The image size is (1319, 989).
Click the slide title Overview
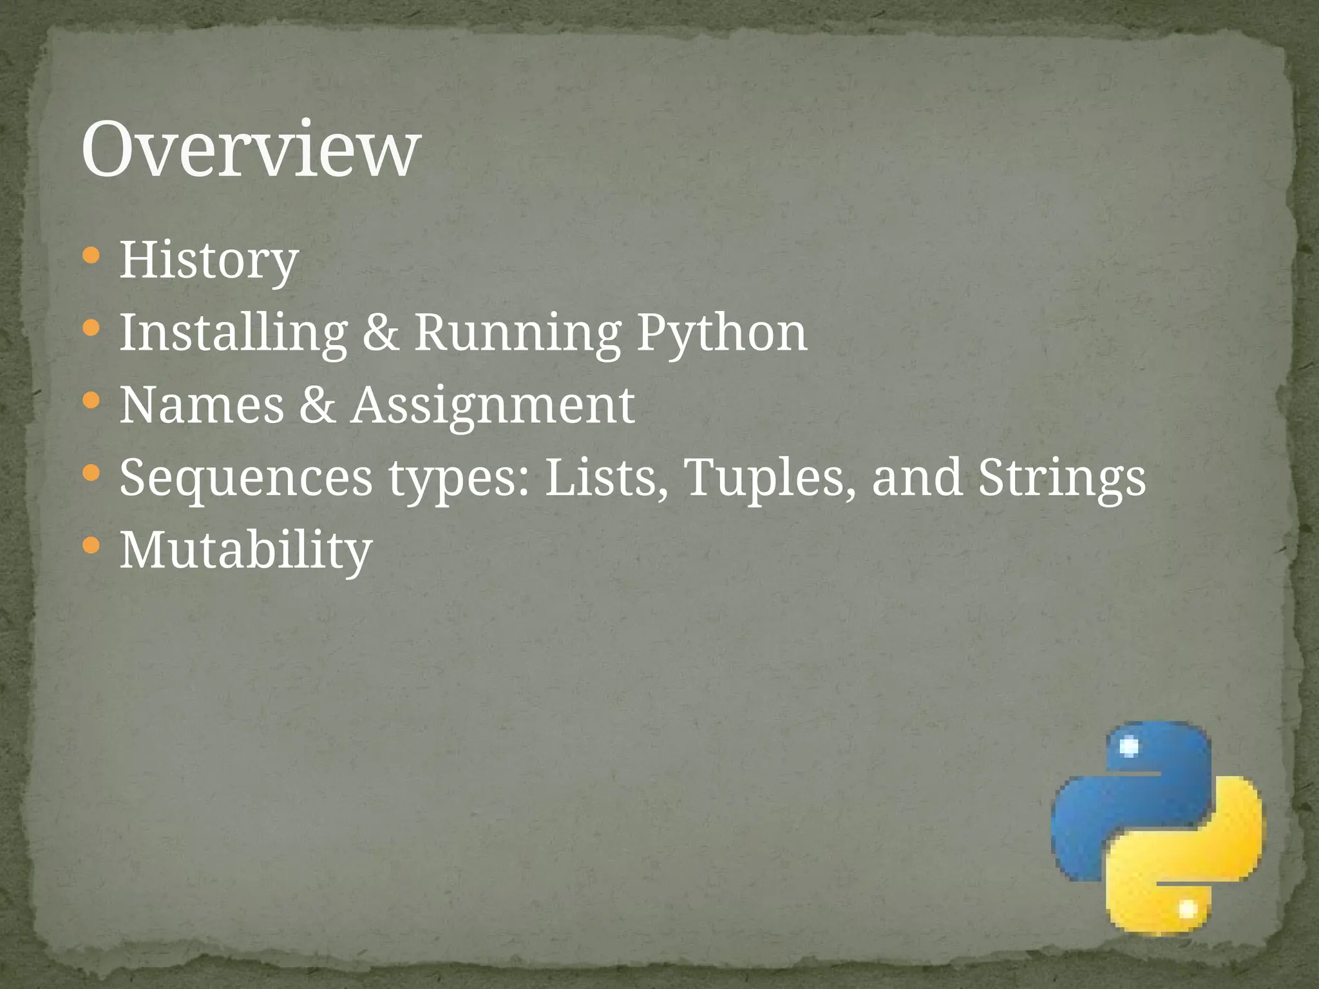point(251,149)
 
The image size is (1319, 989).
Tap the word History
point(209,260)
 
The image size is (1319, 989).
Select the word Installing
point(233,333)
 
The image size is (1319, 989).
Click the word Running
point(517,333)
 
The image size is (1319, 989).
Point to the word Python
point(722,333)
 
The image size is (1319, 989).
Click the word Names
point(202,405)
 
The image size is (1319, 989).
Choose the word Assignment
point(493,405)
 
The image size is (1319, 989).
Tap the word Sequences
point(246,478)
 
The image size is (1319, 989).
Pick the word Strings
point(1062,478)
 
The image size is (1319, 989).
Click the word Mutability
point(246,551)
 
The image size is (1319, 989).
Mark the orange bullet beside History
point(91,256)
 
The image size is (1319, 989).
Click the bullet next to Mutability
point(91,547)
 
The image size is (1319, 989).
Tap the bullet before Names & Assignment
point(91,402)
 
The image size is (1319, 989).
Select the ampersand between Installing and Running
point(381,333)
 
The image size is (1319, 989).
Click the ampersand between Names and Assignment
point(318,405)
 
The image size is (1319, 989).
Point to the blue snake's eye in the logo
point(1129,747)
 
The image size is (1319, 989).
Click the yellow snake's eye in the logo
point(1187,909)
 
